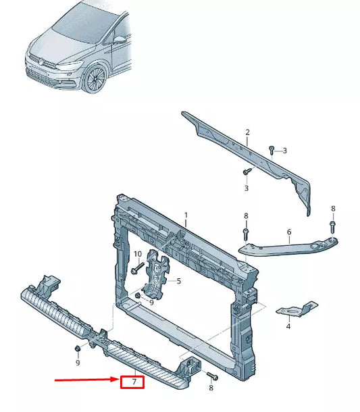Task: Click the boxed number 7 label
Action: [x=134, y=383]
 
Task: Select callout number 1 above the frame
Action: [x=186, y=215]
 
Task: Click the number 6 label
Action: [x=288, y=232]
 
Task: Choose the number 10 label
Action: [x=136, y=254]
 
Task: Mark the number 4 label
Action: [x=288, y=326]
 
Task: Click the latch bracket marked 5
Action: [x=157, y=275]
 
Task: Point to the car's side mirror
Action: [x=120, y=40]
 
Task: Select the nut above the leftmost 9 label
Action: [x=78, y=348]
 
